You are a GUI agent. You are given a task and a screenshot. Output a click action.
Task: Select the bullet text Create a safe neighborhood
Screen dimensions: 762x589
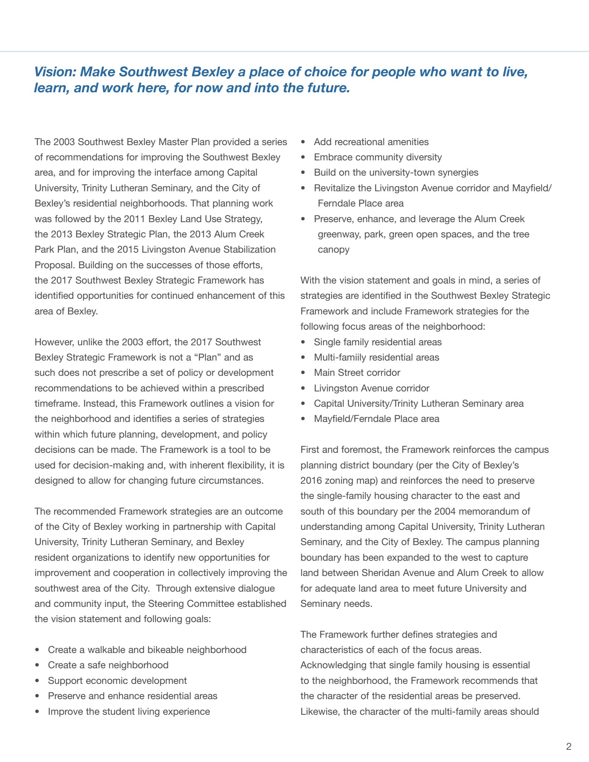(x=108, y=665)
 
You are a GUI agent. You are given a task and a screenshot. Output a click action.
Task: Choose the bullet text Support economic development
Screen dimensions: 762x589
(x=117, y=681)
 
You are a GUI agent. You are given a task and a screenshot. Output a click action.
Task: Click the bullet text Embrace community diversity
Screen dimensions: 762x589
(x=378, y=157)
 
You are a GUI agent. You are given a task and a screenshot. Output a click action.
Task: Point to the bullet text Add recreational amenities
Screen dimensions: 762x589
(x=371, y=142)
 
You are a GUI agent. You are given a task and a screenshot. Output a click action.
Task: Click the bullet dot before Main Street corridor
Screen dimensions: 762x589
(x=304, y=373)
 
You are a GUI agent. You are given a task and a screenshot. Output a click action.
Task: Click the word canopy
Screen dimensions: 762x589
(x=333, y=249)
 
